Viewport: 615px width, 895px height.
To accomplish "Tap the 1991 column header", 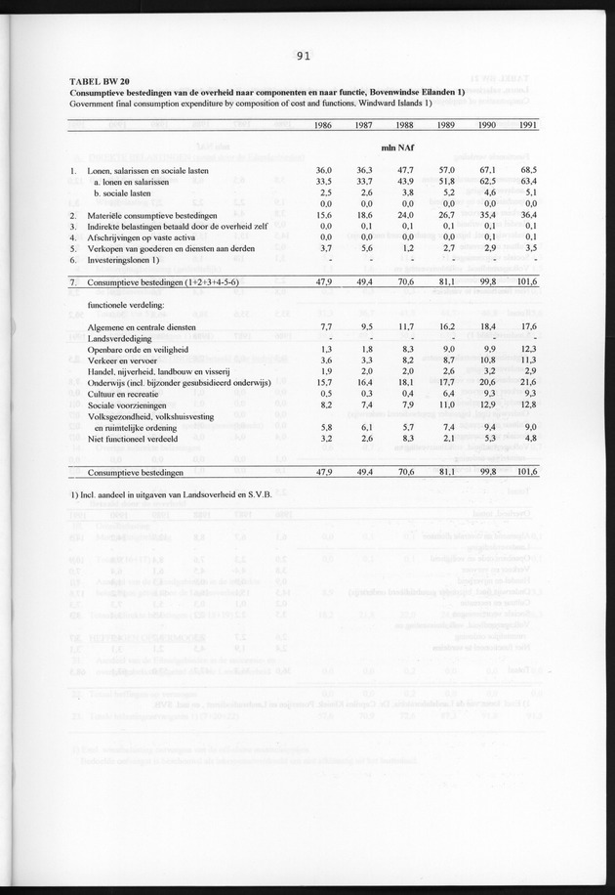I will pos(530,126).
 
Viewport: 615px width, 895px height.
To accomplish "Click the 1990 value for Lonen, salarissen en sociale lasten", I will pos(488,170).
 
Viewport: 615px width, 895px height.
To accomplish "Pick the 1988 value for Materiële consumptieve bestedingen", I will pos(403,214).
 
